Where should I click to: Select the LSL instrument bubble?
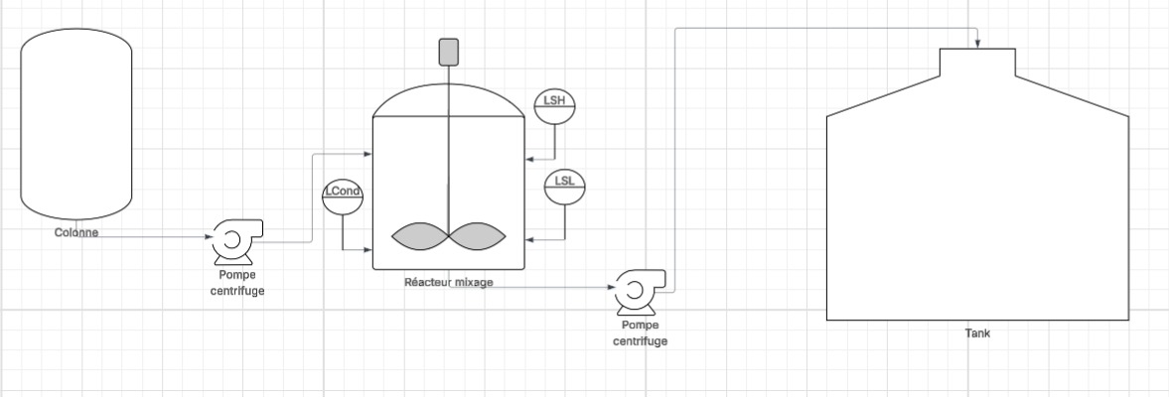tap(565, 187)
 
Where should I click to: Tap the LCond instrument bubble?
tap(342, 195)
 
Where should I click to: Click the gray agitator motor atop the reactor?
tap(448, 51)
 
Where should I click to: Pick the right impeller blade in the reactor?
tap(478, 234)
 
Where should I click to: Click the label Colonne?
tap(76, 232)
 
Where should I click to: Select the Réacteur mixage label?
tap(448, 282)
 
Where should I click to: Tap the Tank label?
tap(977, 333)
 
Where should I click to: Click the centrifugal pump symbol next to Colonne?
tap(234, 239)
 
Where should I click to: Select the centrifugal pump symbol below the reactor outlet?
tap(637, 290)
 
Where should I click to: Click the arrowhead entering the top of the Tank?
tap(978, 44)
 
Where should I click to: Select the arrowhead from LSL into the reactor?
tap(528, 239)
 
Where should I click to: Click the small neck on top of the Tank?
tap(977, 62)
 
